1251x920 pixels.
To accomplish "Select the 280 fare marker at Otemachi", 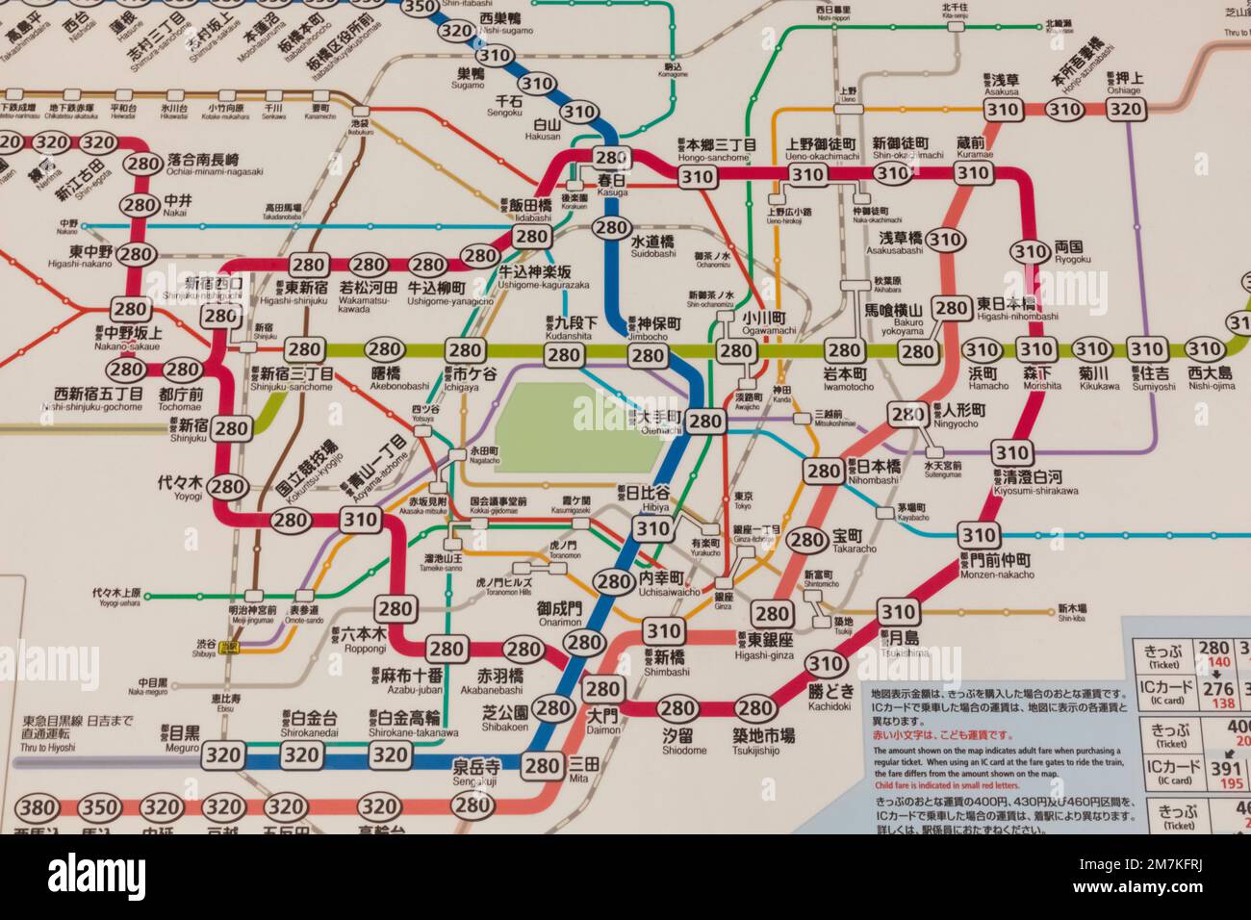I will [x=705, y=421].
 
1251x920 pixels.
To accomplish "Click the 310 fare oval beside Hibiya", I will [x=652, y=527].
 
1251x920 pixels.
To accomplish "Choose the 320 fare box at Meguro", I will [x=222, y=755].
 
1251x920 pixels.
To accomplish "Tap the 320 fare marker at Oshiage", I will [x=1125, y=109].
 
